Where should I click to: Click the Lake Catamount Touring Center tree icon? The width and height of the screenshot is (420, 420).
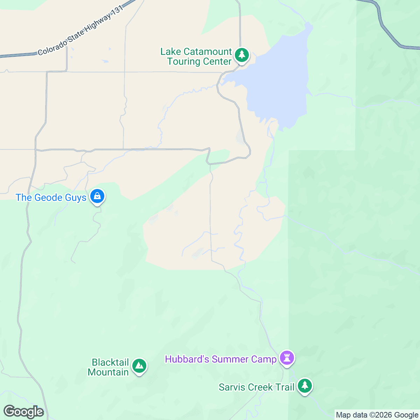(x=241, y=55)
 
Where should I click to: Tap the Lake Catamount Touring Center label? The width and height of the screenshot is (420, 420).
(x=196, y=57)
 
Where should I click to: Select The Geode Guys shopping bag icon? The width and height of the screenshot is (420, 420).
(x=97, y=196)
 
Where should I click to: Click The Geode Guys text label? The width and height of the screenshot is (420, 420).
(x=51, y=198)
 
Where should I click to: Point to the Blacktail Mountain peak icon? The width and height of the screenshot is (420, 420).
(x=139, y=366)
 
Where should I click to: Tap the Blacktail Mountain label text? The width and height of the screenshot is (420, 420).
(x=108, y=367)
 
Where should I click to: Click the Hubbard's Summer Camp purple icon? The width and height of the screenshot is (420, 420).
(x=287, y=358)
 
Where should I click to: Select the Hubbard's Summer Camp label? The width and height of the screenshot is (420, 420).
(x=221, y=359)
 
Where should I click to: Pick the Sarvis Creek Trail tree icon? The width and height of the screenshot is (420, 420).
(x=305, y=386)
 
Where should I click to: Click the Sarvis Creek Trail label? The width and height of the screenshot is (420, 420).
(x=257, y=387)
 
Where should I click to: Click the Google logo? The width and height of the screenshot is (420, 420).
(x=24, y=412)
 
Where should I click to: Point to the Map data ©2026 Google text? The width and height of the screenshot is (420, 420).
(x=377, y=415)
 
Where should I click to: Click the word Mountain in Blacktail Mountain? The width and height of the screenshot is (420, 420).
(x=108, y=372)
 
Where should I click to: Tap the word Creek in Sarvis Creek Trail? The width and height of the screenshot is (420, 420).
(x=261, y=387)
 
